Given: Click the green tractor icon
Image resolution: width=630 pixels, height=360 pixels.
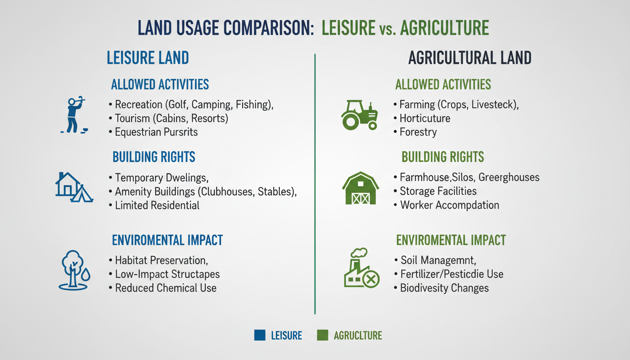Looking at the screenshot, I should pos(359,114).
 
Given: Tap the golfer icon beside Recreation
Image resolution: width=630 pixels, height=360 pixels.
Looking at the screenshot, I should pos(74,115).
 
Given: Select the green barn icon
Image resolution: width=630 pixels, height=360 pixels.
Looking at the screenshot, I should pos(360,188).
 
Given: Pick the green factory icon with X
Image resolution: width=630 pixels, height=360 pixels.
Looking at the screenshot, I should pos(361,268).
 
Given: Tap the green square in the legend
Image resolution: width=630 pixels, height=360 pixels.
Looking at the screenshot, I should pos(322,335).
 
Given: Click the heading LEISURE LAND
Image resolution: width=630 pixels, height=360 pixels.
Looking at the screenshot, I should pos(148,58).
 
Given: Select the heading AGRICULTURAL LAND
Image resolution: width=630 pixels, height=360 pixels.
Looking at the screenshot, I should pos(470,58).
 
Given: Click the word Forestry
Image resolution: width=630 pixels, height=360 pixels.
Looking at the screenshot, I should pos(418,132).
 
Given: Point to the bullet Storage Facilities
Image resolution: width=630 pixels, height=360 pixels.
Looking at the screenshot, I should pos(438,191).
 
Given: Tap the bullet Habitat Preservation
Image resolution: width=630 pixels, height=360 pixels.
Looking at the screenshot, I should pos(161,260).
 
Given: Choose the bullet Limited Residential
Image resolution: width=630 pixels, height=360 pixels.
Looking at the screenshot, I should pos(157,205).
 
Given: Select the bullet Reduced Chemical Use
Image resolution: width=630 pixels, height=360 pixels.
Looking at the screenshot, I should pos(165,288).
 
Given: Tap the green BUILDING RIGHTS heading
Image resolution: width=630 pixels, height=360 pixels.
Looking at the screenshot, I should pos(443,157).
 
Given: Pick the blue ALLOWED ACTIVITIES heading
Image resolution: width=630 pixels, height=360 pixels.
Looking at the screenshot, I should pos(160,85).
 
